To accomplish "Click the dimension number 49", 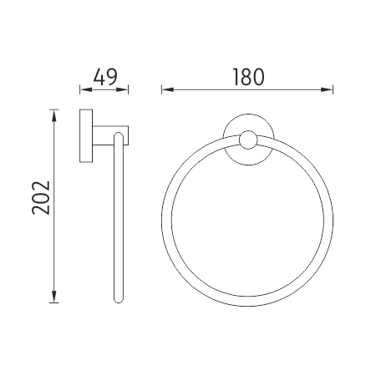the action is [105, 77].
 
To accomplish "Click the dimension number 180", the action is [248, 77].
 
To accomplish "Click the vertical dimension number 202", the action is [41, 198].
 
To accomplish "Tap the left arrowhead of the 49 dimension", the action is [86, 89].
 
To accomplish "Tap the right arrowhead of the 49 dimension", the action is [122, 89].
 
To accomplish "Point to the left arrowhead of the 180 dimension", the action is [168, 89].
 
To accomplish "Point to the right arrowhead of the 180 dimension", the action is [327, 89].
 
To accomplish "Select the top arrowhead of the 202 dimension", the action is [54, 115].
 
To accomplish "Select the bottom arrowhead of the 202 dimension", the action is [54, 297].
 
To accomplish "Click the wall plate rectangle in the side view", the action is [86, 135].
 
